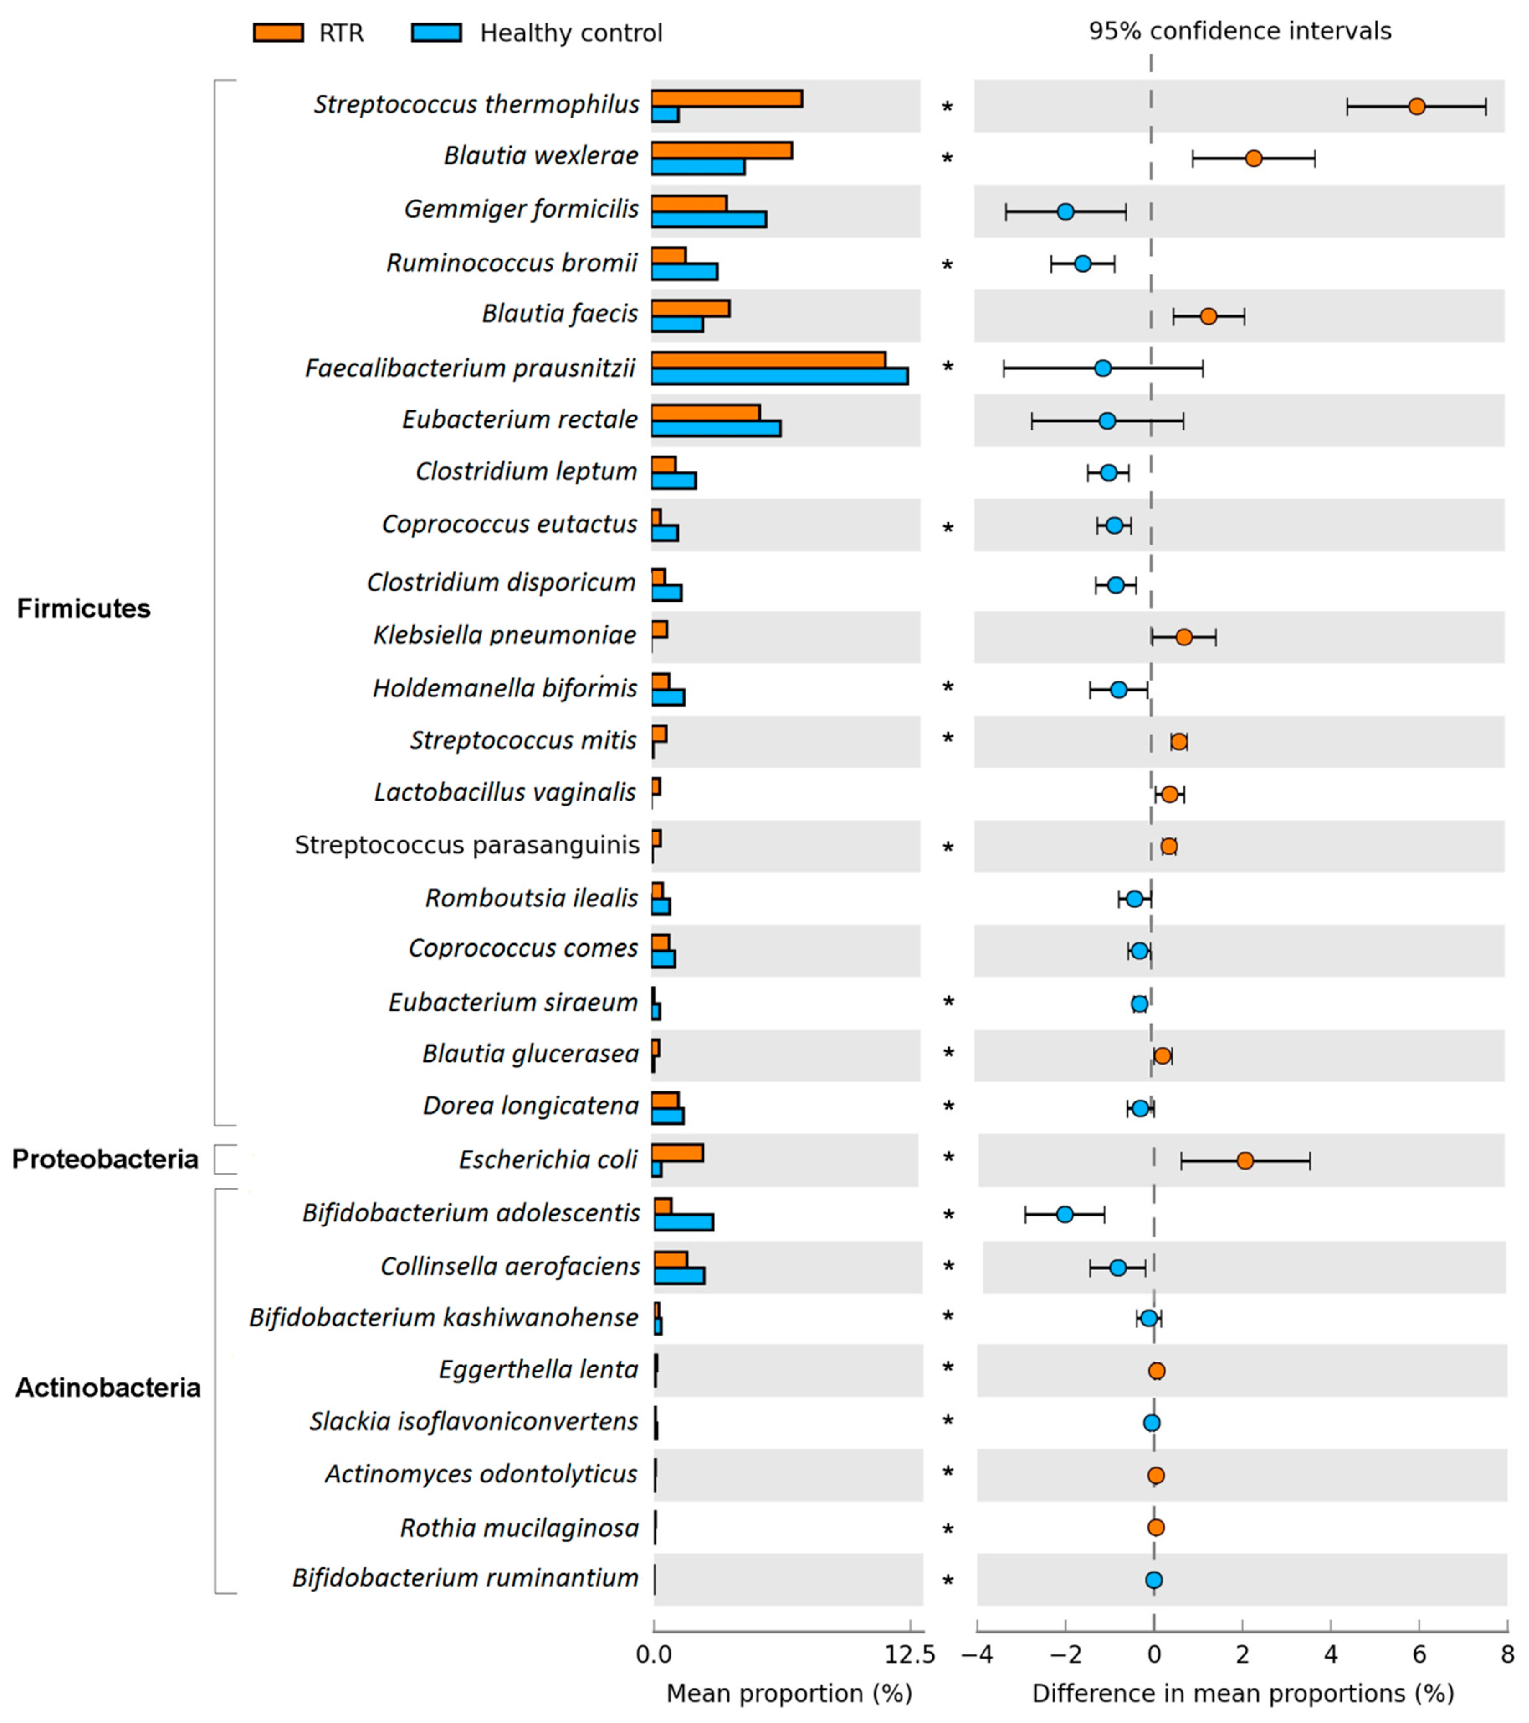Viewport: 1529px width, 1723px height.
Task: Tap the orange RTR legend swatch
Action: point(278,33)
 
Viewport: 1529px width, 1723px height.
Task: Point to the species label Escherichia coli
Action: point(548,1160)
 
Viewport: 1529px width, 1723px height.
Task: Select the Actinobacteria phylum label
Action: point(108,1388)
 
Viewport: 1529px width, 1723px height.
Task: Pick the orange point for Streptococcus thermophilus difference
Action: point(1417,106)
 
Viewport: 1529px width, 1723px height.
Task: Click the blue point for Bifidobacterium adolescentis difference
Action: point(1065,1214)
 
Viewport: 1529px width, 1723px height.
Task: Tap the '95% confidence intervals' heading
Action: point(1240,31)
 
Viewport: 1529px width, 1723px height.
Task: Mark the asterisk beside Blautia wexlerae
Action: point(948,159)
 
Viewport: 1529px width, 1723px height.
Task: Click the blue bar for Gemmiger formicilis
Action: point(708,219)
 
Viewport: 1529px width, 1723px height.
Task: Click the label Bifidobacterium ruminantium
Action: point(465,1578)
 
